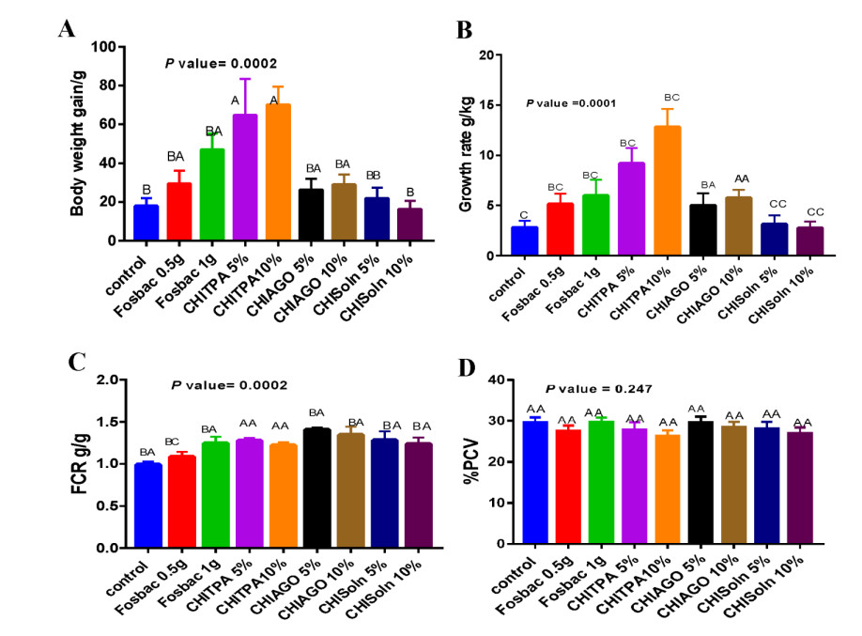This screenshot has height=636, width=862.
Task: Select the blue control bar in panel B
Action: coord(525,241)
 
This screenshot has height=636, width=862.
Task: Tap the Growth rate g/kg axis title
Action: coord(464,154)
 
